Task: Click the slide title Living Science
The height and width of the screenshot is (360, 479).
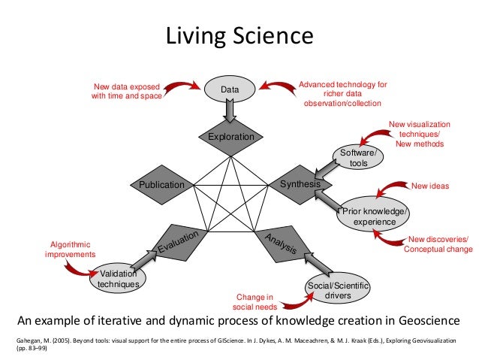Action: pyautogui.click(x=238, y=36)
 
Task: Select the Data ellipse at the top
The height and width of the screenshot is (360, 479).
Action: pyautogui.click(x=230, y=89)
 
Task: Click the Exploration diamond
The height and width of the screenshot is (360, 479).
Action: pyautogui.click(x=231, y=137)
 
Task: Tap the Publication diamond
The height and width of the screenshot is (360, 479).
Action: pyautogui.click(x=161, y=184)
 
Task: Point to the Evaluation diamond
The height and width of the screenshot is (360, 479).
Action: pyautogui.click(x=177, y=242)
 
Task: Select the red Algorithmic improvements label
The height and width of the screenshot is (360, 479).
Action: pyautogui.click(x=71, y=250)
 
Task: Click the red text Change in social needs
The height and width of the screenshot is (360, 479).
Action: pyautogui.click(x=255, y=302)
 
